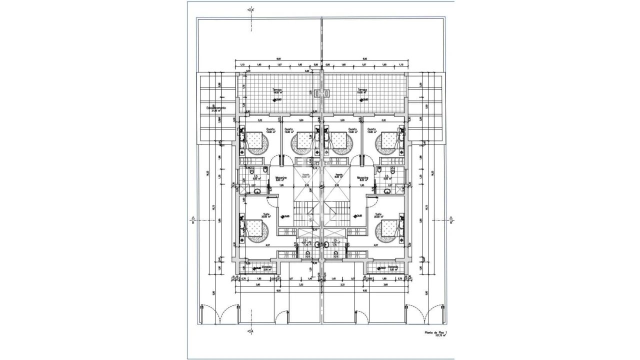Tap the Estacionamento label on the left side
(x=216, y=108)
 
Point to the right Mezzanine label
(x=362, y=178)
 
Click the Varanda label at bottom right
(x=393, y=267)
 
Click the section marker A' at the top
(x=251, y=9)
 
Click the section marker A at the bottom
(x=251, y=330)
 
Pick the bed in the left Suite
(x=255, y=229)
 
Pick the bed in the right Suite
(x=389, y=229)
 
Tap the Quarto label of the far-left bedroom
(x=270, y=130)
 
